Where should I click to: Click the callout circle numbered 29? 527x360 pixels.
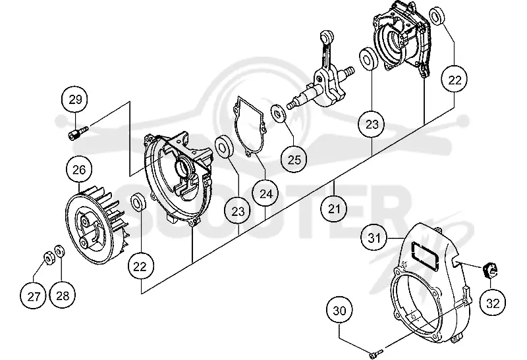click(75, 99)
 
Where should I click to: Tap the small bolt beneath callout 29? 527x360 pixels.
click(79, 132)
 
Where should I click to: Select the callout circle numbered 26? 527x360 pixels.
click(79, 170)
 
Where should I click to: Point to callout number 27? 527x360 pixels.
click(34, 296)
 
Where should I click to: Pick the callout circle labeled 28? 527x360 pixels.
click(63, 296)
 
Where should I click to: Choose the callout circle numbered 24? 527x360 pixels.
click(267, 193)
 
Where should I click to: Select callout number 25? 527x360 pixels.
click(294, 159)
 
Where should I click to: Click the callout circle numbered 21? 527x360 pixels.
click(335, 209)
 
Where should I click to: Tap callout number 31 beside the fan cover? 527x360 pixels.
click(374, 238)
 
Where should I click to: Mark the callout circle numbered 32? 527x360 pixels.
click(493, 303)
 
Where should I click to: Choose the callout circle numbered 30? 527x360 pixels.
click(339, 310)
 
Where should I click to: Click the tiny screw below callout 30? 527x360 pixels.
click(375, 353)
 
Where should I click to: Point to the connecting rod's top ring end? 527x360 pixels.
click(326, 36)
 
